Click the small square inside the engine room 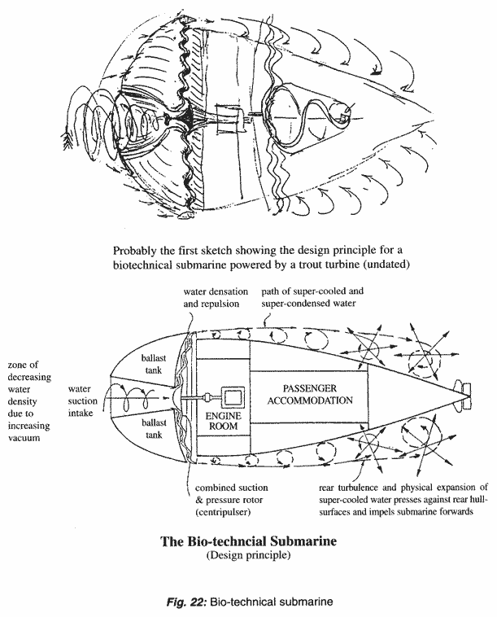(x=233, y=398)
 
